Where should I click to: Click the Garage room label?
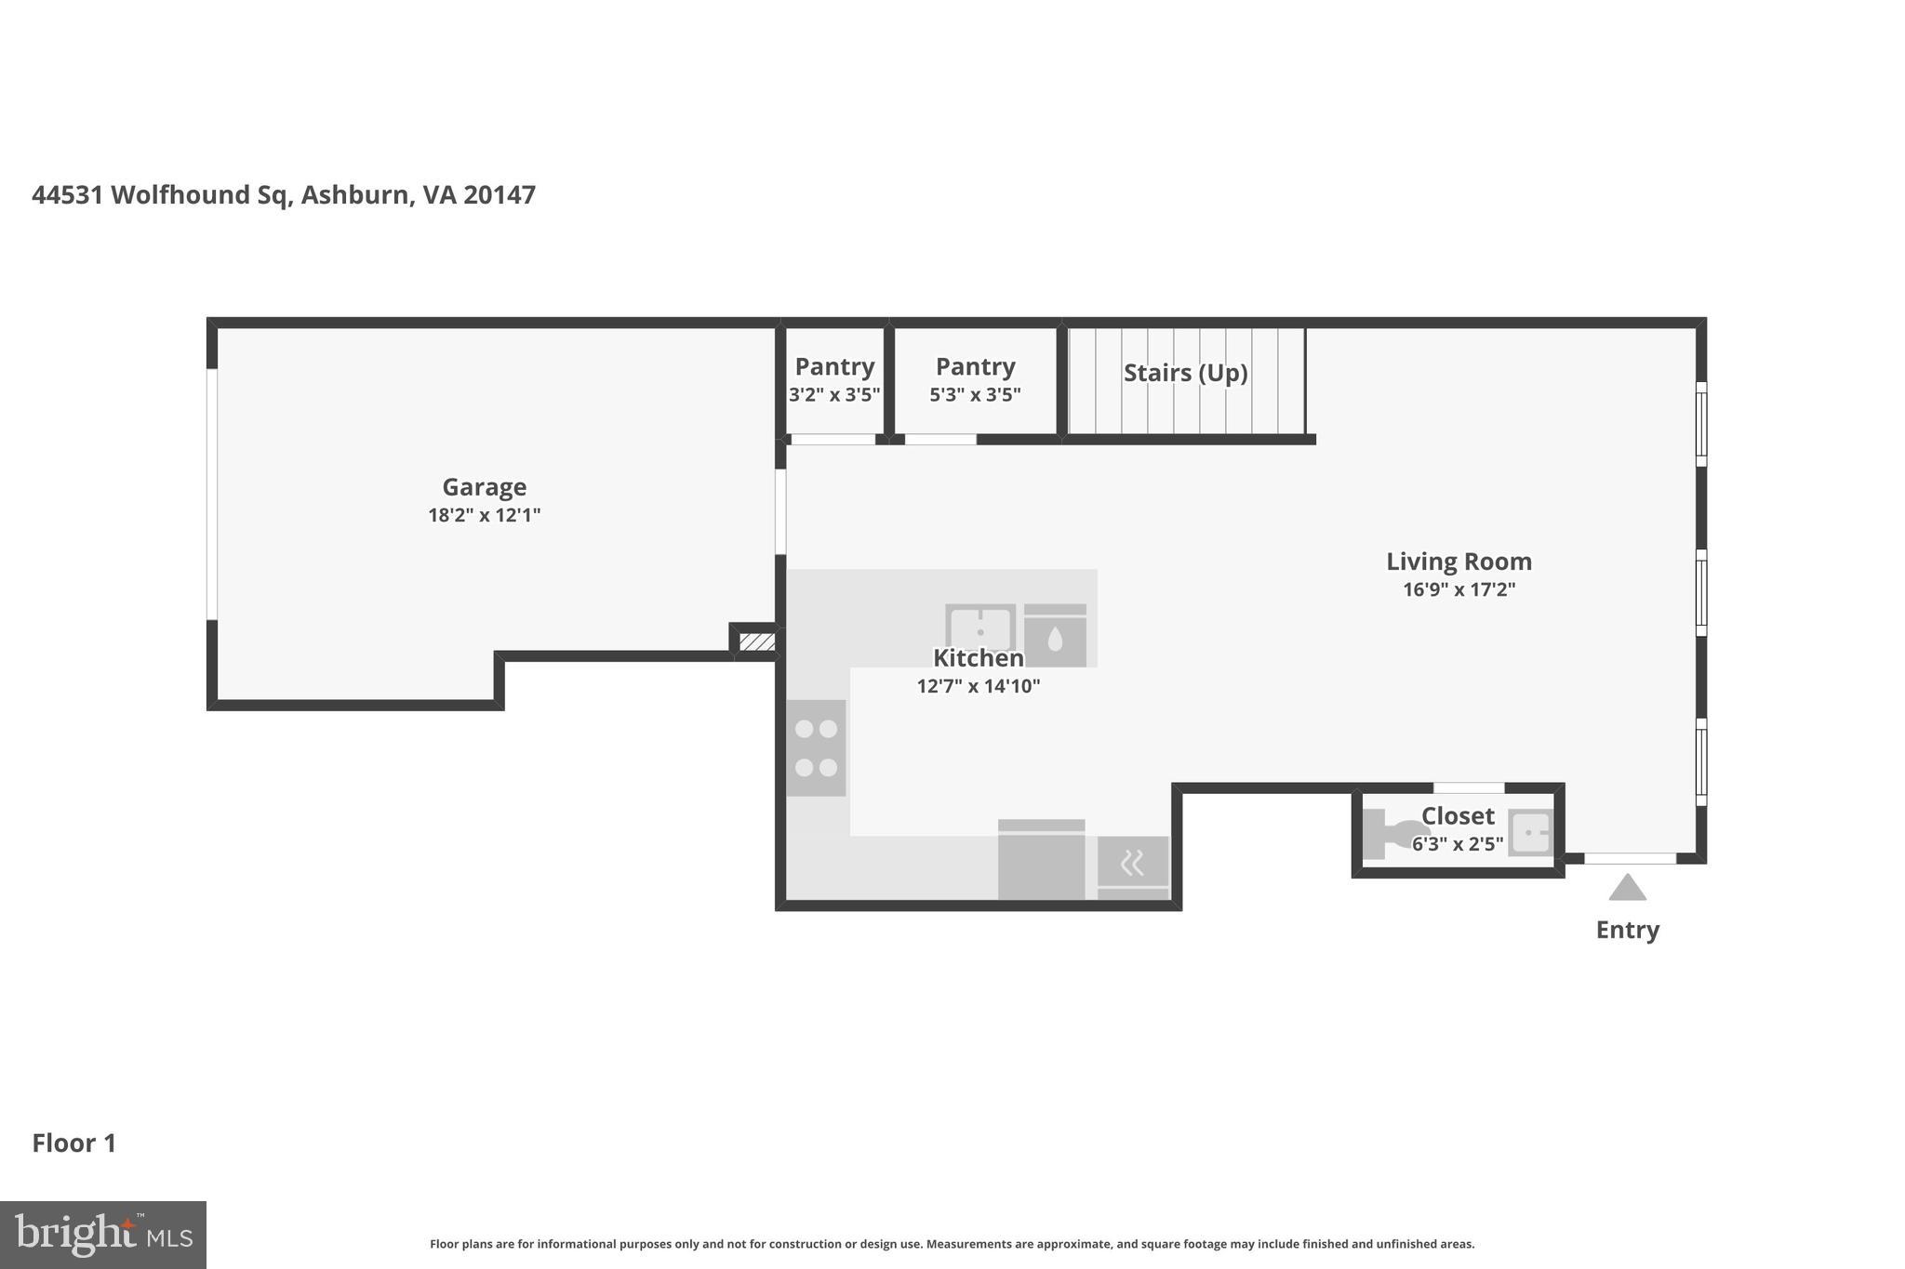[x=484, y=487]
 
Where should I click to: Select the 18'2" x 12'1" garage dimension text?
[x=484, y=515]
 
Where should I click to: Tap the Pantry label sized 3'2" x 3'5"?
[x=834, y=366]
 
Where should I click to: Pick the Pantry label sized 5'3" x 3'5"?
[x=975, y=366]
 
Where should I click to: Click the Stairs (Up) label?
[x=1185, y=373]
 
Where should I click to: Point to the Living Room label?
[x=1459, y=562]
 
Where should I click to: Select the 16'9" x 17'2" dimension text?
[x=1459, y=589]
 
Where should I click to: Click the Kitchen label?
[x=978, y=658]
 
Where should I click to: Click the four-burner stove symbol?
[x=816, y=747]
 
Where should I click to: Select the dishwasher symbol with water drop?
[x=1055, y=636]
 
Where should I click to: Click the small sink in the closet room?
[x=1530, y=833]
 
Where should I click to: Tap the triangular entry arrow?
[x=1627, y=889]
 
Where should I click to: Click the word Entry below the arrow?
[x=1627, y=930]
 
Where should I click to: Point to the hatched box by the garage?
[x=756, y=641]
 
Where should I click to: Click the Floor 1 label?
[x=74, y=1143]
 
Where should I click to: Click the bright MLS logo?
[x=102, y=1235]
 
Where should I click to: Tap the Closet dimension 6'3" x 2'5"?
[x=1457, y=844]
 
